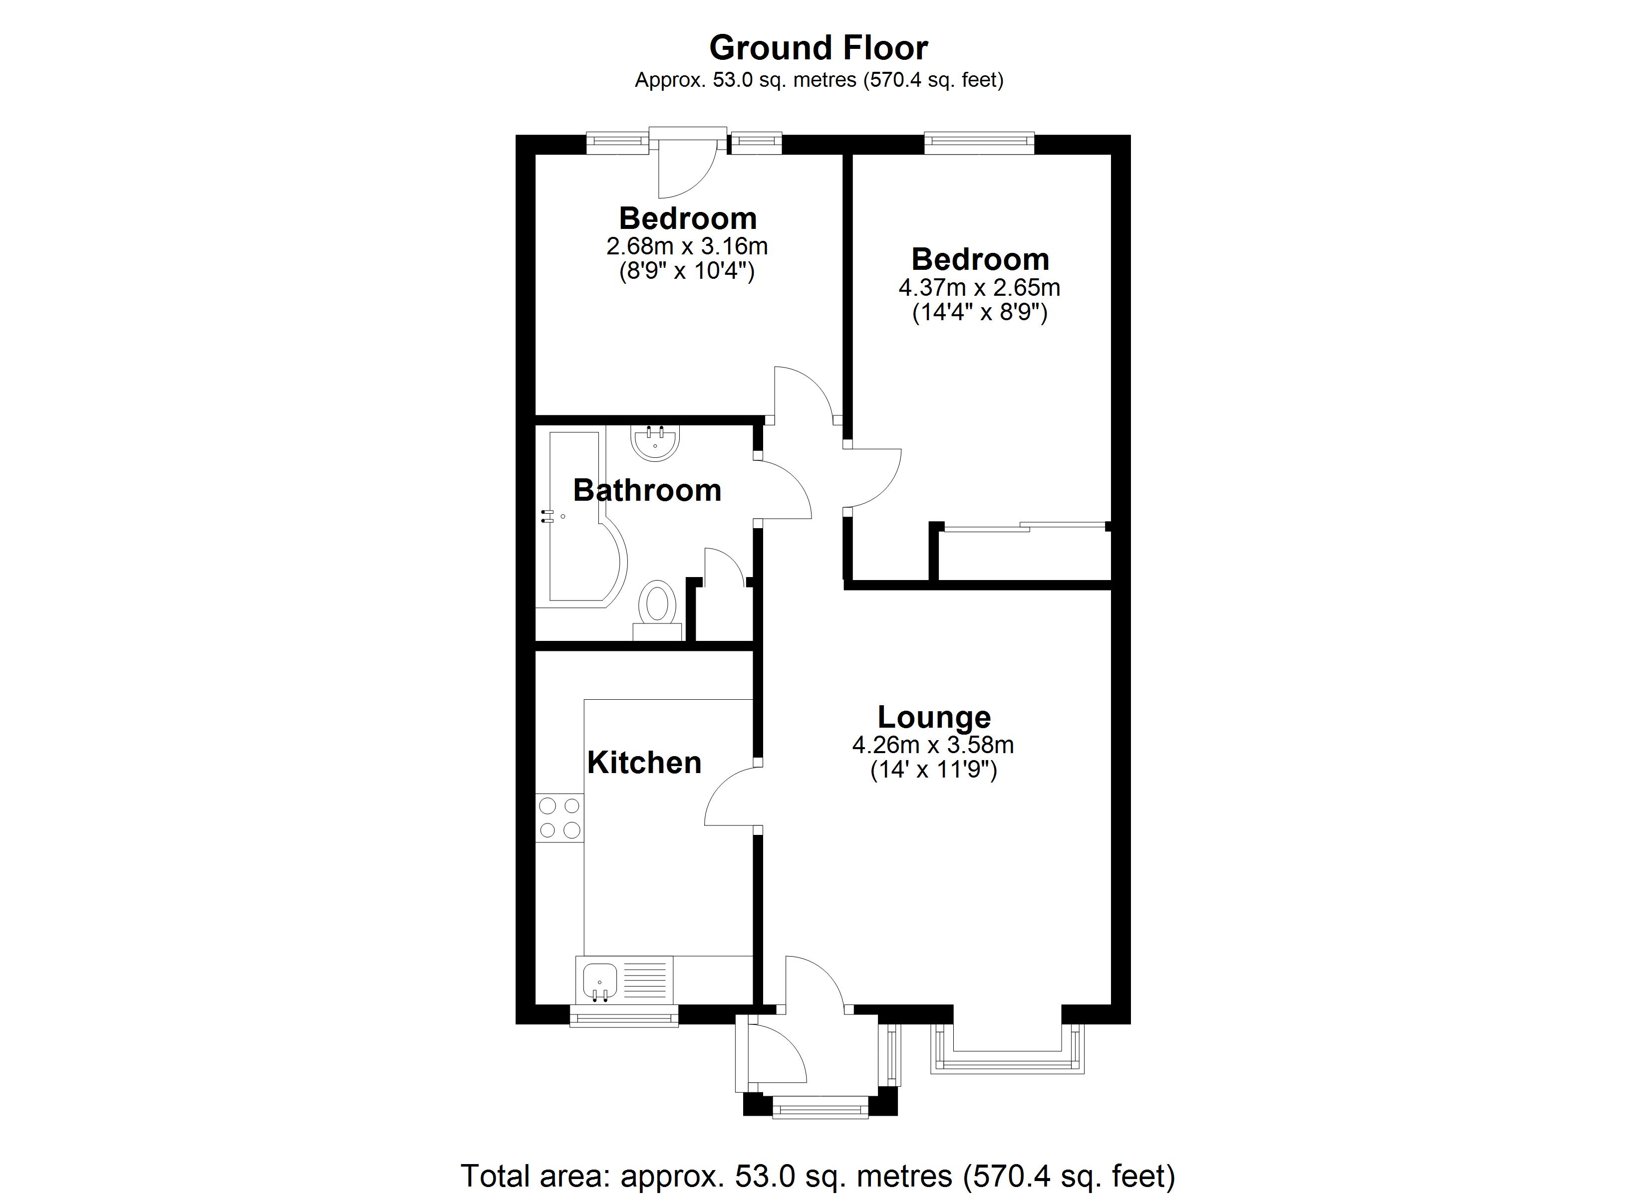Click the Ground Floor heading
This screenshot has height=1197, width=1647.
(x=819, y=48)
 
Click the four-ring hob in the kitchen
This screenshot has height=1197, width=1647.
(x=559, y=817)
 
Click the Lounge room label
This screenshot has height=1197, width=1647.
(x=934, y=717)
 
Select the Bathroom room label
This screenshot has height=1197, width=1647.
(x=647, y=491)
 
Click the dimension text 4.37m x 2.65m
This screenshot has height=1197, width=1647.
(x=979, y=287)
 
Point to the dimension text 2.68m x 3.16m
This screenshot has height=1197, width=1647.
(x=687, y=246)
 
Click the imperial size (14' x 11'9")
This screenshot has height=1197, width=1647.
(x=933, y=770)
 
